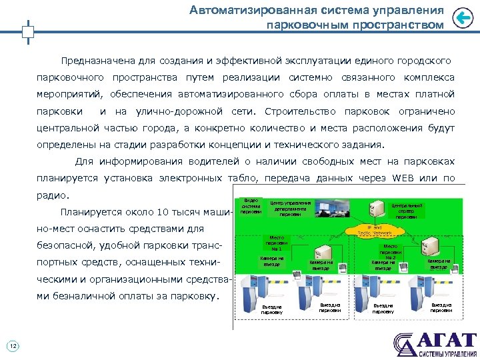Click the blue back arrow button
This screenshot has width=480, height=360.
[463, 18]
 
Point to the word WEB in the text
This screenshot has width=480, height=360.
[405, 178]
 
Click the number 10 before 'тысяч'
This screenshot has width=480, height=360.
[163, 213]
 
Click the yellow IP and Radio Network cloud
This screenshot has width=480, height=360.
[373, 231]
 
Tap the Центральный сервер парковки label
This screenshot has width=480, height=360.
[406, 211]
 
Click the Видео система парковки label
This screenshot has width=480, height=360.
[251, 206]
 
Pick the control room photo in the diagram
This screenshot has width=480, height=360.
[328, 210]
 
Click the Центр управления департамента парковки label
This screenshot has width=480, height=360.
[290, 208]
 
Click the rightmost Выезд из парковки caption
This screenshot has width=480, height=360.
[441, 307]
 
